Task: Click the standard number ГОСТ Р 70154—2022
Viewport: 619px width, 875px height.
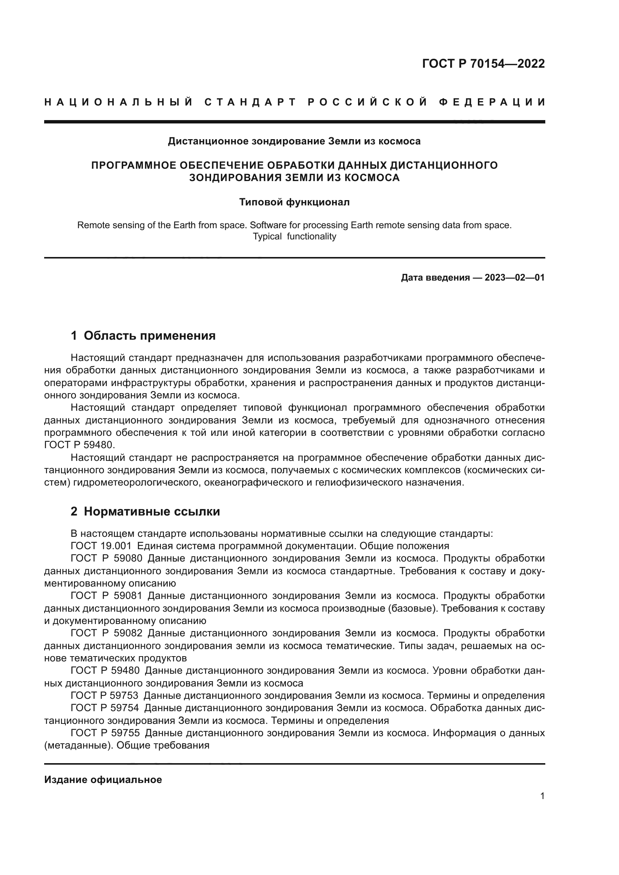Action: pos(483,64)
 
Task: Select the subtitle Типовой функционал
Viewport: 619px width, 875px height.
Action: pos(294,202)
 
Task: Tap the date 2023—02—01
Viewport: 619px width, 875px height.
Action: pos(514,278)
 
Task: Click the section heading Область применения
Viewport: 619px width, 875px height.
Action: pos(149,336)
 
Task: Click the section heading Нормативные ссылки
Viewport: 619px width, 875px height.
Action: pos(152,511)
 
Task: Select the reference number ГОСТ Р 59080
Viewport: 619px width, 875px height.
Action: pos(106,558)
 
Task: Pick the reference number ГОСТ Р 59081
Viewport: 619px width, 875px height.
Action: pos(106,596)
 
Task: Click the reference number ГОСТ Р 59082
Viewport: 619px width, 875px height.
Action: pos(106,633)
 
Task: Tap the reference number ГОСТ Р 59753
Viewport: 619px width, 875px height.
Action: pos(104,695)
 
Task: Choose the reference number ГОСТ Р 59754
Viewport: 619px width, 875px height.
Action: pos(104,708)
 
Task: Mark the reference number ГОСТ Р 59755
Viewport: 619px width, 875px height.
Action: pos(105,733)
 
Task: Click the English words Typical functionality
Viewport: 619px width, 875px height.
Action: pos(294,236)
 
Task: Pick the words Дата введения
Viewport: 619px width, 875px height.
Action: pos(435,278)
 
